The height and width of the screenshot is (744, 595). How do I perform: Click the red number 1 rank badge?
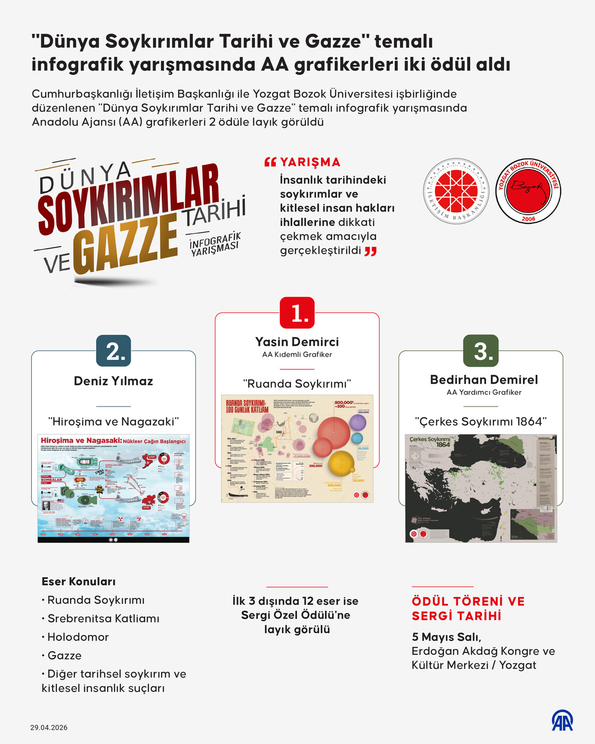[297, 313]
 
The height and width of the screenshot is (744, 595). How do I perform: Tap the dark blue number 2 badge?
[114, 351]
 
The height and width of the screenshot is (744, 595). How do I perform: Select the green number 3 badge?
[481, 351]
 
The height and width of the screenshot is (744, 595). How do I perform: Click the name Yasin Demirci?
[297, 342]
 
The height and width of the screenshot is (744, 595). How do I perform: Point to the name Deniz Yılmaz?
[114, 381]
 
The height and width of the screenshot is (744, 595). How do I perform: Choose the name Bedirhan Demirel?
[484, 379]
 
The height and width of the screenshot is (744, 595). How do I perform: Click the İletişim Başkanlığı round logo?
[456, 191]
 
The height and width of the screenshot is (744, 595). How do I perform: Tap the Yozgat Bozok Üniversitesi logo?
[528, 191]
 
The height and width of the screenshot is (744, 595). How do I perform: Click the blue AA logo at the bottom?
[562, 721]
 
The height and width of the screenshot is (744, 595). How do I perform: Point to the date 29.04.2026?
[49, 728]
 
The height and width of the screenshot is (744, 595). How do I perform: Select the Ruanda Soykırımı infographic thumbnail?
[297, 449]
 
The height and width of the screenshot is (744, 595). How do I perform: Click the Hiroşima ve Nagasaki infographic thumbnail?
[114, 488]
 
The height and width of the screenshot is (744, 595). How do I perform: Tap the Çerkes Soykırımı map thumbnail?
[481, 488]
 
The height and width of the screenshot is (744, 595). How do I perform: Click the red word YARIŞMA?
[310, 162]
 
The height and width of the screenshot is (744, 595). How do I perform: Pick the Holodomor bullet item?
[78, 637]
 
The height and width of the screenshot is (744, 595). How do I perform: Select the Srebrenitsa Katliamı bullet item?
[103, 619]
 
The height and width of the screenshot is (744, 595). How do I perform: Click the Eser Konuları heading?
[79, 581]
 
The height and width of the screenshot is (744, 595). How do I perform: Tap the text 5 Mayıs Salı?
[446, 637]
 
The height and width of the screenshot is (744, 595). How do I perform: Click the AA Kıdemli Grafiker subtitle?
[297, 354]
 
